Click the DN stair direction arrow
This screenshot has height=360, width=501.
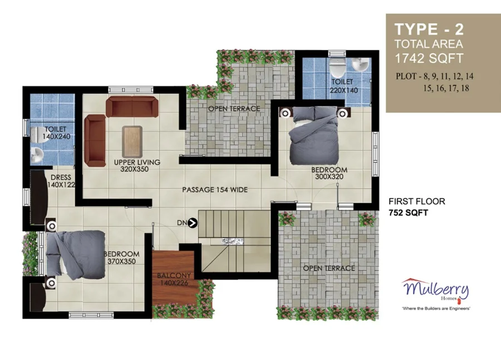click(193, 223)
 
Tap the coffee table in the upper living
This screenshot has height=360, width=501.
click(132, 141)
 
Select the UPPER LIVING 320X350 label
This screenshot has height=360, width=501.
click(137, 165)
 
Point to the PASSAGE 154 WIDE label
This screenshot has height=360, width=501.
click(215, 190)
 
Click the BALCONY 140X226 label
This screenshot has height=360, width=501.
click(174, 279)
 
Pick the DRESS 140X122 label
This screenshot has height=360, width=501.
click(61, 181)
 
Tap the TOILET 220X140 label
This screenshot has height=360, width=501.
click(343, 86)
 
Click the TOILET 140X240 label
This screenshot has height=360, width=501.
click(56, 133)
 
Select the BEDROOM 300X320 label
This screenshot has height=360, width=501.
click(329, 173)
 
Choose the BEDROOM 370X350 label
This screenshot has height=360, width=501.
click(122, 258)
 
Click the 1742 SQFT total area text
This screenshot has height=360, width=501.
click(429, 58)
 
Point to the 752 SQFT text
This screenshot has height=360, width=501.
click(408, 213)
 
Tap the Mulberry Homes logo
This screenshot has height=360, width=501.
click(436, 293)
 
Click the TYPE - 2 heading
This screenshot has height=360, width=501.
click(429, 29)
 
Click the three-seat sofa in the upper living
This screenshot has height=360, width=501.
click(132, 107)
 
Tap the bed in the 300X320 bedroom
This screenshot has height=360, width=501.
click(314, 135)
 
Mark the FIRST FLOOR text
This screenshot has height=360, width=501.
click(416, 201)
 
